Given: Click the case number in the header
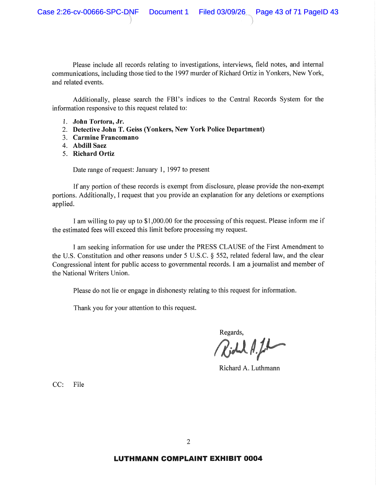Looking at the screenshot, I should coord(88,12).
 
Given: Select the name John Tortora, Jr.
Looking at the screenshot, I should coord(98,121).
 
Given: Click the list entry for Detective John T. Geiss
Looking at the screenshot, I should coord(169,129).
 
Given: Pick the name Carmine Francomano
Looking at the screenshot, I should coord(106,138).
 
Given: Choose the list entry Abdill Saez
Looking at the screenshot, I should coord(90,146).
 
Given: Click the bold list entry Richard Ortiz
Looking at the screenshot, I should coord(94,154).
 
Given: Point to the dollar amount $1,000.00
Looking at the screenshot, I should coord(158,221).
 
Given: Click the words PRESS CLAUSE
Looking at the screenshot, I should coord(221,247).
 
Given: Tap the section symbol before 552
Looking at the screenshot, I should coord(212,255).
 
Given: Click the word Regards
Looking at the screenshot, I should coord(231,332).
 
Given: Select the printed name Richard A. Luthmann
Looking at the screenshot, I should coord(249,368).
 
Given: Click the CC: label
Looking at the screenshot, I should coord(58,385).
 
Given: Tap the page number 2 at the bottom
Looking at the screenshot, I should coord(188,442).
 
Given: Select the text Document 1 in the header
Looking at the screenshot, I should coord(169,12).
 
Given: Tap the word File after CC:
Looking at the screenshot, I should coord(79,385).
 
